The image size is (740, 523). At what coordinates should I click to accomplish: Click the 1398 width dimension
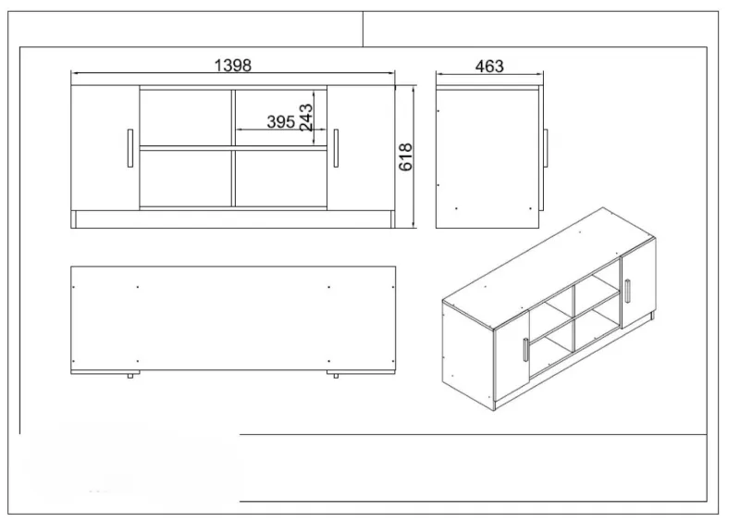[x=233, y=65]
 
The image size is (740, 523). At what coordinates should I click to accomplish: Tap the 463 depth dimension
[x=489, y=66]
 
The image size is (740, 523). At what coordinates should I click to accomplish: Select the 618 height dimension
[x=405, y=156]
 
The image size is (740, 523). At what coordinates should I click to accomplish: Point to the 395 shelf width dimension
[x=281, y=121]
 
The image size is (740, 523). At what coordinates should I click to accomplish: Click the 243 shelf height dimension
[x=306, y=118]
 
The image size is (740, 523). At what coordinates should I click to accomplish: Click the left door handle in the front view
[x=130, y=148]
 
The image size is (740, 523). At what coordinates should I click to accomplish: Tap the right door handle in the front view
[x=336, y=148]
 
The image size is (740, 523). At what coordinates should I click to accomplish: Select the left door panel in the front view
[x=105, y=148]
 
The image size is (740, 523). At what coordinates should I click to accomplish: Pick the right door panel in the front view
[x=361, y=148]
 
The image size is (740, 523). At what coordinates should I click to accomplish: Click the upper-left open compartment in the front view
[x=186, y=118]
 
